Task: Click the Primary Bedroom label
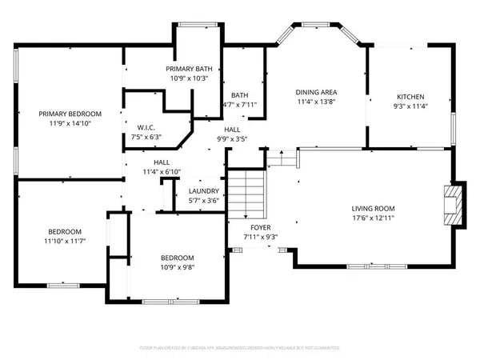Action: (x=67, y=114)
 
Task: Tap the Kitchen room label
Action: (x=406, y=96)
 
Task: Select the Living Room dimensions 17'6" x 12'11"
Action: (x=374, y=218)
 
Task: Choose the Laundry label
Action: (x=204, y=191)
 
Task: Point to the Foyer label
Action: (x=260, y=227)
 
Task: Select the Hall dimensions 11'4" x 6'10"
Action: (x=162, y=172)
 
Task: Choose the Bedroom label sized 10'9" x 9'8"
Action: (x=177, y=257)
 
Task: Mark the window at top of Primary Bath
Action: (x=195, y=25)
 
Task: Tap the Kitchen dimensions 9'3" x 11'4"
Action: (x=406, y=106)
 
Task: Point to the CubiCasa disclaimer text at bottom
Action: (x=240, y=348)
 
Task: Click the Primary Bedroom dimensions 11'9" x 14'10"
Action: (x=67, y=124)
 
